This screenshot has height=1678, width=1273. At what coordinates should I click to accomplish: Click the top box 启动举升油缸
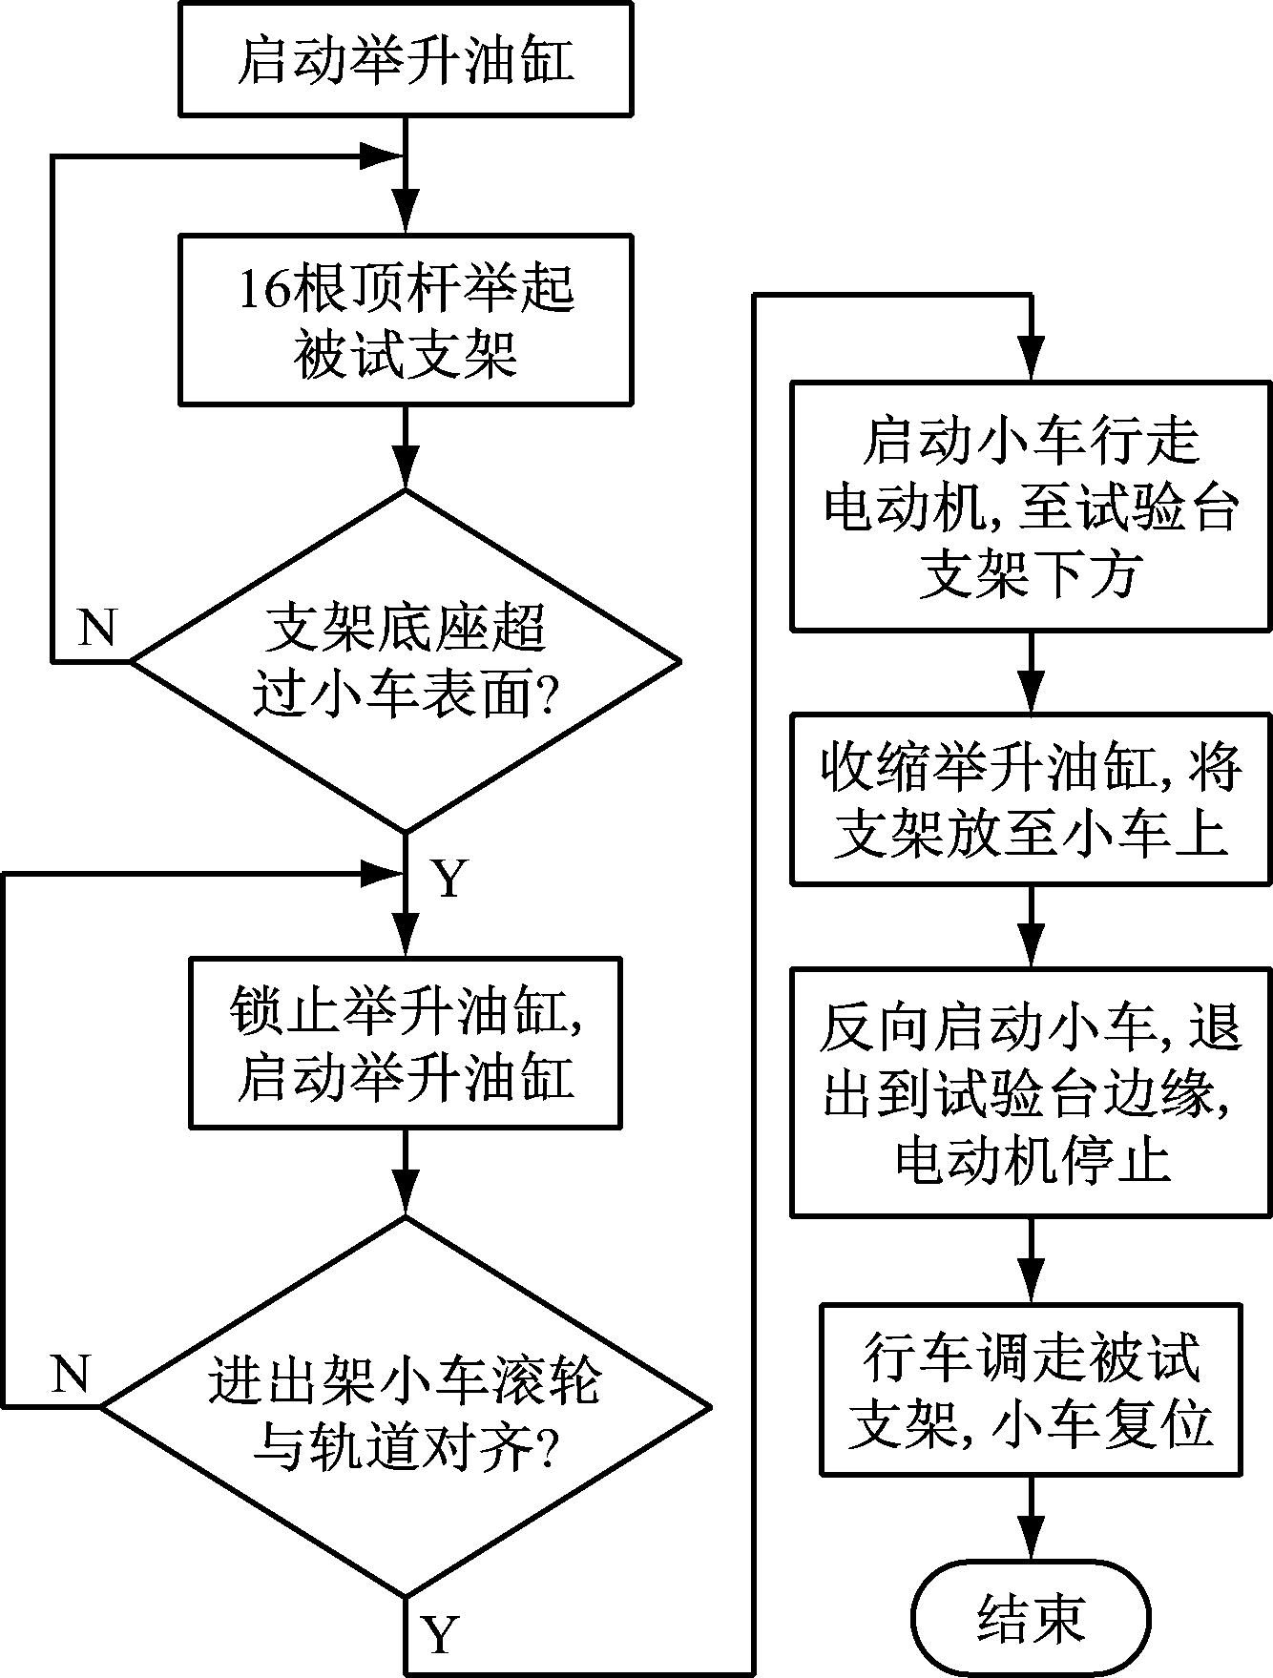pyautogui.click(x=405, y=59)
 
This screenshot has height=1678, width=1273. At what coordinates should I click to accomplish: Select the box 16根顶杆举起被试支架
pyautogui.click(x=405, y=319)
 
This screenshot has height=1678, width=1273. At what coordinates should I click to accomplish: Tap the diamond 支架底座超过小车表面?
pyautogui.click(x=405, y=660)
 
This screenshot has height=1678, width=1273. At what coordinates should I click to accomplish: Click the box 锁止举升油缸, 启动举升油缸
pyautogui.click(x=405, y=1044)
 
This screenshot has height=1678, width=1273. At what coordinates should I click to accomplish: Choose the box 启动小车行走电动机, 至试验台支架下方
pyautogui.click(x=1031, y=506)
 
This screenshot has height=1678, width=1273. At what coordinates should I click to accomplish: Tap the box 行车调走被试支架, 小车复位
pyautogui.click(x=1031, y=1390)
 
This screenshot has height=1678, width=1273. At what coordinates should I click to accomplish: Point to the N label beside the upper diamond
pyautogui.click(x=96, y=628)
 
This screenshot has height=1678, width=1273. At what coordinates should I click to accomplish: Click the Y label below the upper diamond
pyautogui.click(x=449, y=878)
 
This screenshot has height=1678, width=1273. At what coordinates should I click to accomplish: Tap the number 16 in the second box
pyautogui.click(x=263, y=288)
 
